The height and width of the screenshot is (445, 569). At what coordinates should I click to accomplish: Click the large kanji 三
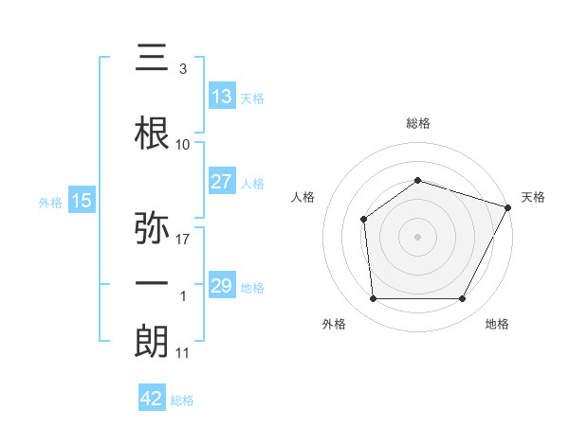click(x=152, y=57)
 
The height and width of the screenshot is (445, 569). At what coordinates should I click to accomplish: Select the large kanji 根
click(x=152, y=133)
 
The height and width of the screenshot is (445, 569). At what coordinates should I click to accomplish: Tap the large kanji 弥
click(x=152, y=227)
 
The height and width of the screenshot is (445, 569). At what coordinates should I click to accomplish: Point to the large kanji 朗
click(x=152, y=342)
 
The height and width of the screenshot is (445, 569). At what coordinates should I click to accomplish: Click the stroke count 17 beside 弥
click(x=182, y=240)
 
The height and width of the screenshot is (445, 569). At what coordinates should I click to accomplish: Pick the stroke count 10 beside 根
click(x=182, y=145)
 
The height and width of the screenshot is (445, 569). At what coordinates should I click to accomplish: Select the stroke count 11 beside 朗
click(x=182, y=353)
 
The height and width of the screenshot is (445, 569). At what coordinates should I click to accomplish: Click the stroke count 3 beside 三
click(x=183, y=69)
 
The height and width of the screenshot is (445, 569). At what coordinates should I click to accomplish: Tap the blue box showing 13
click(x=223, y=96)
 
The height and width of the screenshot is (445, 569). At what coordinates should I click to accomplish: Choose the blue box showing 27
click(x=223, y=181)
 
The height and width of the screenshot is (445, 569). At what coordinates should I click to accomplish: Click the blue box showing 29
click(x=223, y=284)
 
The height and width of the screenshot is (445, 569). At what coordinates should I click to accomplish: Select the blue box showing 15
click(x=82, y=200)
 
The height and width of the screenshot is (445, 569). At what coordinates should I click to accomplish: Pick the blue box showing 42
click(x=152, y=397)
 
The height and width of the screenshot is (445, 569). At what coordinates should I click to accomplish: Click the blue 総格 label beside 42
click(x=182, y=400)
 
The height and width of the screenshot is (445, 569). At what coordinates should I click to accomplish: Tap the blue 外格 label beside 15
click(x=50, y=203)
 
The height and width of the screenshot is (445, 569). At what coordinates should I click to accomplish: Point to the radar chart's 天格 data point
click(x=508, y=207)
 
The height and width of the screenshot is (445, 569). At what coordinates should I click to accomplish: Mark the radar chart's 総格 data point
click(x=417, y=181)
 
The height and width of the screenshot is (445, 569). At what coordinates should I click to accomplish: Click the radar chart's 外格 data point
click(x=373, y=298)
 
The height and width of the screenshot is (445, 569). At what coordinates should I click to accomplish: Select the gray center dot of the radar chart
click(x=417, y=237)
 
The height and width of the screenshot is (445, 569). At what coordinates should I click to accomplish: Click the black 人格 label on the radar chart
click(x=303, y=197)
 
